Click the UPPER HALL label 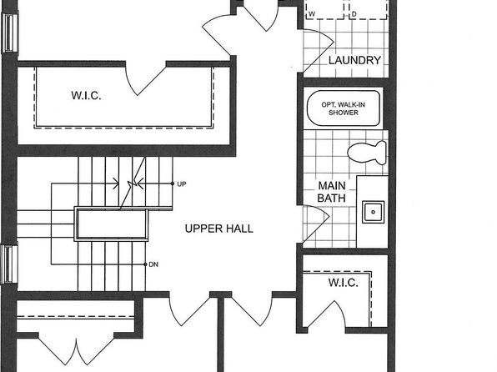219,229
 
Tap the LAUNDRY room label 354,60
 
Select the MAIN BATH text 332,192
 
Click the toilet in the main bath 367,153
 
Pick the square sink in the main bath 373,212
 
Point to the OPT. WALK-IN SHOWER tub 344,108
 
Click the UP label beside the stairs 182,184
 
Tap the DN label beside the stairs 153,264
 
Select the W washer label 312,14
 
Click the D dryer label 354,14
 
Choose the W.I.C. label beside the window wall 86,95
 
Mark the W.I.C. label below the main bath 344,282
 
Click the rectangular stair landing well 111,224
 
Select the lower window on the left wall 9,264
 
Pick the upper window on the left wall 10,33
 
